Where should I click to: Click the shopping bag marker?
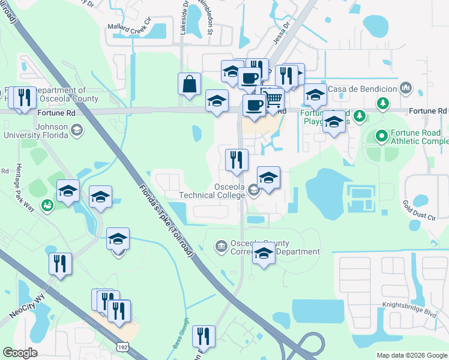[x=189, y=85]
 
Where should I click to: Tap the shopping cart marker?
[x=273, y=99]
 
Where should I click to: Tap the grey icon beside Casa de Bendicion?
[x=406, y=89]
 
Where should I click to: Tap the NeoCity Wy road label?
[x=28, y=306]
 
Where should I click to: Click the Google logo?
[x=20, y=353]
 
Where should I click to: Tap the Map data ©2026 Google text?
[x=412, y=355]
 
